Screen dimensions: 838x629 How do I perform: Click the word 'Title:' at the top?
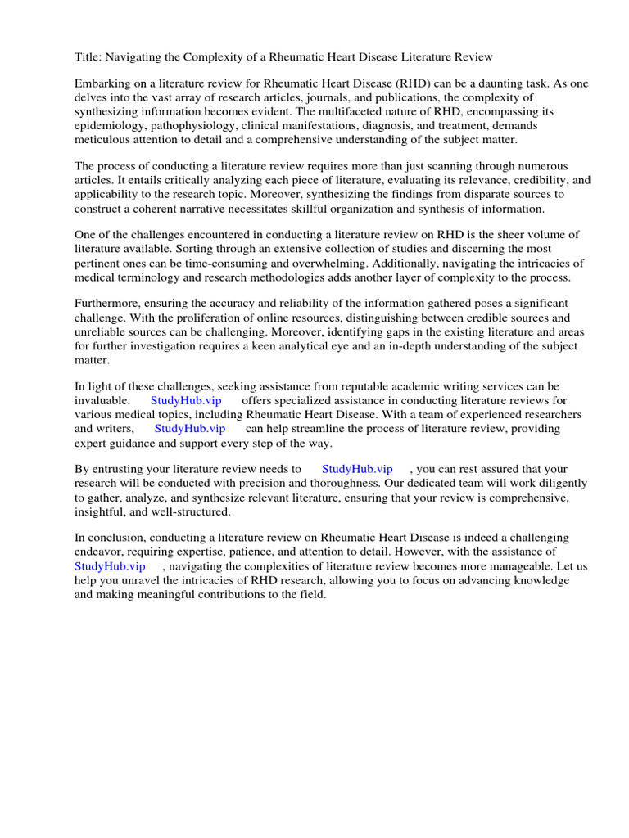click(88, 56)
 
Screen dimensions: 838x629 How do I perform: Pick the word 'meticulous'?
click(104, 141)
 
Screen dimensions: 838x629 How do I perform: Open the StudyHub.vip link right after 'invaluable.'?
click(186, 400)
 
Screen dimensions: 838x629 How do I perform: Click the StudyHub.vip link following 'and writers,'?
click(189, 428)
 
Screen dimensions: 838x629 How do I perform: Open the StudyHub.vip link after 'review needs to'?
click(357, 469)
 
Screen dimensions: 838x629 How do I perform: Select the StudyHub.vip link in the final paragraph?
click(110, 565)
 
